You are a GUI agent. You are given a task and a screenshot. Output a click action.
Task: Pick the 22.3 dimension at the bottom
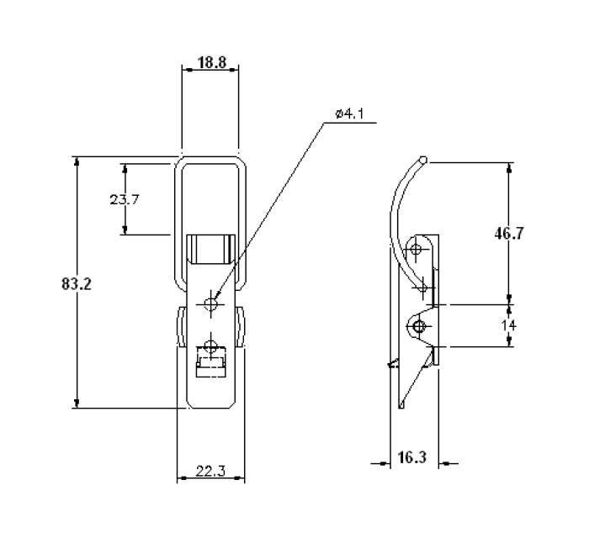(210, 471)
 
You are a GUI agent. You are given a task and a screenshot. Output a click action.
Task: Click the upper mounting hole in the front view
(210, 303)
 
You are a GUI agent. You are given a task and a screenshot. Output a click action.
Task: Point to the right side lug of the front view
(241, 328)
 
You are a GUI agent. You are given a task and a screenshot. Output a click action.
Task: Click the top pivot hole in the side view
(415, 249)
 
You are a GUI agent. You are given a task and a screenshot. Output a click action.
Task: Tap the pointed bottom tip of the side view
(401, 408)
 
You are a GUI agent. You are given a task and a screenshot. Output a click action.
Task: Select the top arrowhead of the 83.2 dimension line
(77, 161)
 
